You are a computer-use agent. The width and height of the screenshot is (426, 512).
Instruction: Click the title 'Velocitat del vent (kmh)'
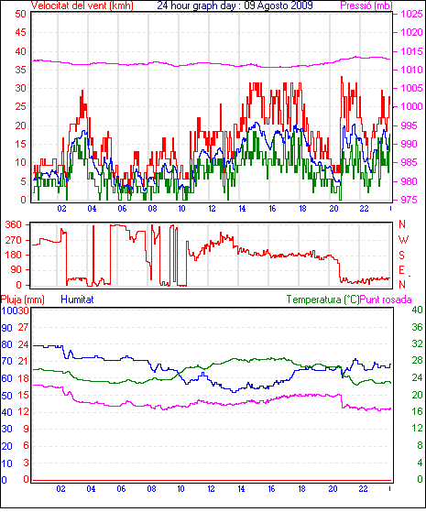click(82, 5)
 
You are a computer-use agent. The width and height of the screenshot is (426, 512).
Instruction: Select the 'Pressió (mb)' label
click(366, 5)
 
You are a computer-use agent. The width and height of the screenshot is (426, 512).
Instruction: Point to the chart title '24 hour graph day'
click(196, 5)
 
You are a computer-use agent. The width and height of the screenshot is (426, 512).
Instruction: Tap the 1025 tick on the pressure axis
click(411, 14)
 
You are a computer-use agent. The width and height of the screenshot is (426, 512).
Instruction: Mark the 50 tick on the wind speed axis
click(20, 14)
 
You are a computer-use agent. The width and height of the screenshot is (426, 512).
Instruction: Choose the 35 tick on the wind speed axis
click(20, 70)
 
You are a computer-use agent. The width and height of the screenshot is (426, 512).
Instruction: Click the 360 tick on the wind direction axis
click(13, 224)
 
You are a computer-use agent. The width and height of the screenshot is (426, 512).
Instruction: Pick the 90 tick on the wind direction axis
click(16, 269)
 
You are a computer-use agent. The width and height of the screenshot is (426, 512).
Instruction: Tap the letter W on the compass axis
click(403, 240)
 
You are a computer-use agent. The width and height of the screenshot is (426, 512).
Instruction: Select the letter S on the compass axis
click(401, 255)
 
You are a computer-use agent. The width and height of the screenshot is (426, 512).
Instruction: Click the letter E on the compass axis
click(401, 270)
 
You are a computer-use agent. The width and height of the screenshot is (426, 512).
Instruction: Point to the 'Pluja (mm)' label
click(22, 300)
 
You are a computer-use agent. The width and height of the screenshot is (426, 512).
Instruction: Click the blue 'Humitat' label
click(78, 300)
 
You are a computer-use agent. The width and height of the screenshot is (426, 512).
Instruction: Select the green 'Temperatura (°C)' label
click(322, 300)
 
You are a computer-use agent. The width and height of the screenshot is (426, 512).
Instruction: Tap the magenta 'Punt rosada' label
click(386, 300)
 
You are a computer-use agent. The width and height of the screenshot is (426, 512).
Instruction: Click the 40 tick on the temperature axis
click(417, 310)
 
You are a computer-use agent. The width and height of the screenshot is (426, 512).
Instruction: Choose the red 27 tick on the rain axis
click(23, 328)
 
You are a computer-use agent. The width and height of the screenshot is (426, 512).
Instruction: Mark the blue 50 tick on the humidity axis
click(6, 396)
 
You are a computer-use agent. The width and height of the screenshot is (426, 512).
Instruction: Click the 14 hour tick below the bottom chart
click(241, 489)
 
